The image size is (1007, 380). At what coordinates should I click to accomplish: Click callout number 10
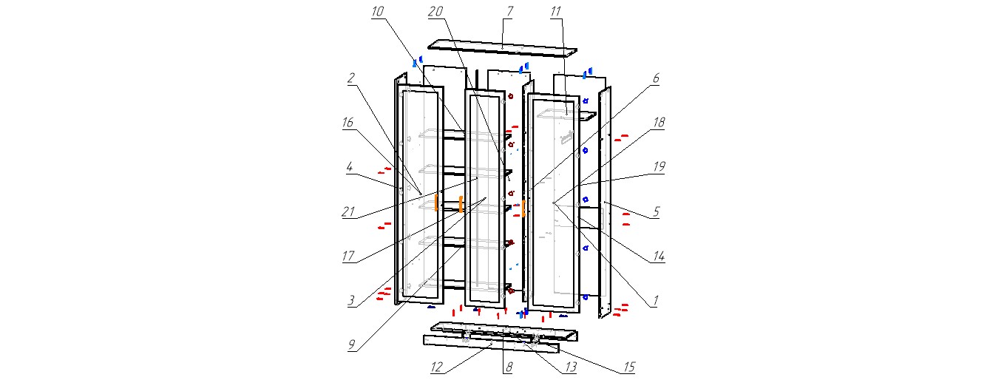click(x=378, y=12)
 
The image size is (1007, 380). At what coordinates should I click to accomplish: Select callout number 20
click(x=435, y=11)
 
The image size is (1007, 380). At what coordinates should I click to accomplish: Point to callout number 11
click(x=556, y=12)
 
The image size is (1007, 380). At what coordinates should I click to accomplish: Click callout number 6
click(x=655, y=78)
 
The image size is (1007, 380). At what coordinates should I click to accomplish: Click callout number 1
click(x=655, y=301)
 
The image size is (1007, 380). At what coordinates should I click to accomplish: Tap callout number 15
click(x=628, y=365)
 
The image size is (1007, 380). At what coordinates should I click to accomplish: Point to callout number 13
click(x=568, y=365)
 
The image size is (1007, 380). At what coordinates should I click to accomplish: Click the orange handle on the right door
click(x=523, y=208)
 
